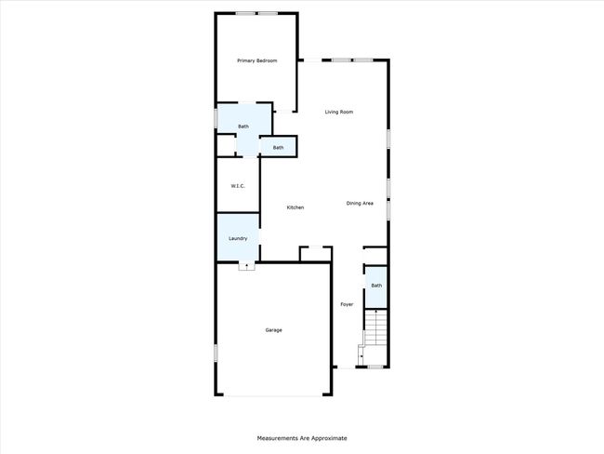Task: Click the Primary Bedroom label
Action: click(256, 60)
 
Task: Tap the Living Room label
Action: click(339, 112)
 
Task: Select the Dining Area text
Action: click(360, 204)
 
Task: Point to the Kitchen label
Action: click(295, 207)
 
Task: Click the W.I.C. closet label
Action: click(238, 186)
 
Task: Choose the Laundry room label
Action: click(238, 238)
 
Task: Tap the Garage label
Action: click(273, 330)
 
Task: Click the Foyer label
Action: click(347, 304)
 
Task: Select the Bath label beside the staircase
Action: click(376, 286)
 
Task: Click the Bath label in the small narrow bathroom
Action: click(278, 148)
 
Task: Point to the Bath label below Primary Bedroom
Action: click(243, 127)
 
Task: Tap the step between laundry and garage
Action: click(246, 266)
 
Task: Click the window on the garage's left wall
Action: click(216, 353)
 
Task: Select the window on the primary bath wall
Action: click(216, 118)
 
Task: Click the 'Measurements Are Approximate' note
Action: click(302, 438)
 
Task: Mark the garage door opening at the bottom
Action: click(273, 395)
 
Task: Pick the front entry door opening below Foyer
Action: click(347, 367)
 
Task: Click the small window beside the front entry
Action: click(375, 367)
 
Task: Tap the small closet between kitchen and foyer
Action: click(316, 255)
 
